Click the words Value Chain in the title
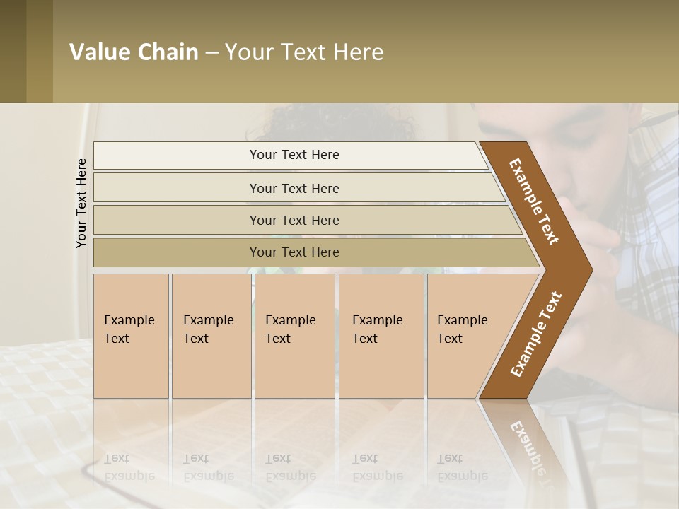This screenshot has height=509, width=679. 134,52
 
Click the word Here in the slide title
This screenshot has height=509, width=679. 358,52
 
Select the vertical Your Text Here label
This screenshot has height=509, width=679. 81,203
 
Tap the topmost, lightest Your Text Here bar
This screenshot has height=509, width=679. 294,155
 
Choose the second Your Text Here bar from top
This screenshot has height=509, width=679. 294,188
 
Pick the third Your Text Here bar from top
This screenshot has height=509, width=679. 294,220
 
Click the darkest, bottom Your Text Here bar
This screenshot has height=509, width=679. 294,252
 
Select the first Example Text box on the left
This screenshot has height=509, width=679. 131,335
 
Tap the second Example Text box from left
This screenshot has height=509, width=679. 211,335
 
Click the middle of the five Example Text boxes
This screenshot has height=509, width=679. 294,335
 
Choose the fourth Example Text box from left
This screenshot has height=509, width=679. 381,335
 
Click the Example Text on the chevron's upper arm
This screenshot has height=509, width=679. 534,201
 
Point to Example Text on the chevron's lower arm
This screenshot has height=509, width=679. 535,334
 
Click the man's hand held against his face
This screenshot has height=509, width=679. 601,233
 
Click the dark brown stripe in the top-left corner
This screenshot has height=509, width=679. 13,51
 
